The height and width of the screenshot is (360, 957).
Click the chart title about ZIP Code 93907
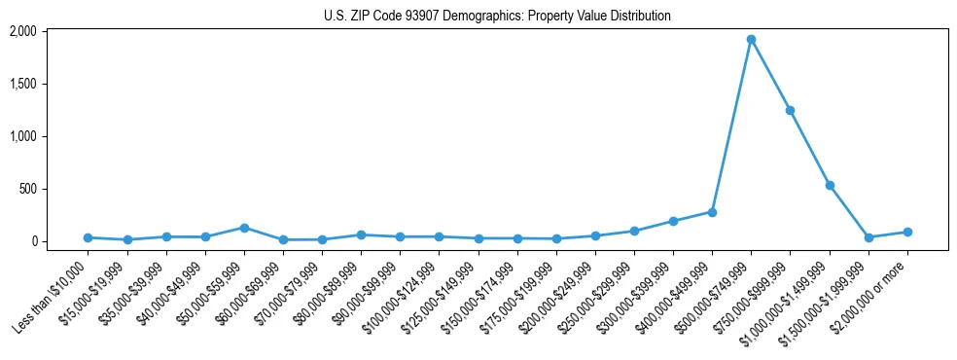pos(497,16)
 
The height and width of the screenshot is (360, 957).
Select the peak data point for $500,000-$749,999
pos(751,40)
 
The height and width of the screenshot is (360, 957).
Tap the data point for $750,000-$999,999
pos(790,111)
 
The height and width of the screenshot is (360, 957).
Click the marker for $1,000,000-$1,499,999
pos(830,185)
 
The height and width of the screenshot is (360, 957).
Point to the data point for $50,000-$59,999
pos(244,228)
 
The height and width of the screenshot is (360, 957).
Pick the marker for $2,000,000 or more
pos(907,232)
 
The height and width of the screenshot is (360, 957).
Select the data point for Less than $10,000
pos(88,237)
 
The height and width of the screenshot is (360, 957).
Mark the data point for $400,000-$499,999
pos(712,212)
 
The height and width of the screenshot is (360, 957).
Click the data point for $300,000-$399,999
pos(673,221)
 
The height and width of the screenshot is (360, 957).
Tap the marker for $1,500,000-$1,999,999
pos(868,237)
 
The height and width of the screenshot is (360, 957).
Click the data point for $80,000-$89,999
pos(361,234)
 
